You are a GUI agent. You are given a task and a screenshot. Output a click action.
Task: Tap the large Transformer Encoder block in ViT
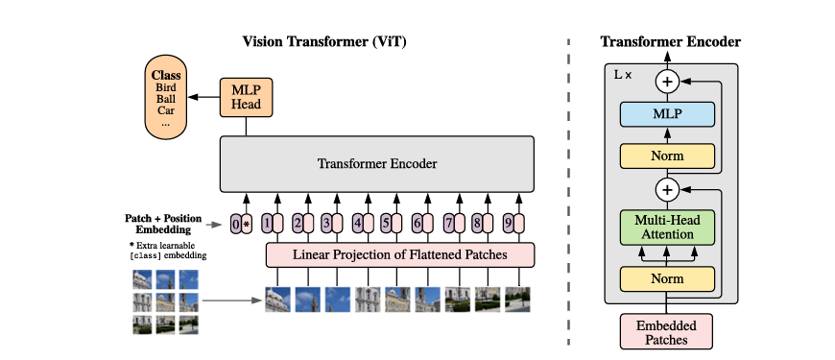377,163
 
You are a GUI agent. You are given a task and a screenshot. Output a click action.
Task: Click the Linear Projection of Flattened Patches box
399,253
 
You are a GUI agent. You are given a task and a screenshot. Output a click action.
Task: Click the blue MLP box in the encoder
667,114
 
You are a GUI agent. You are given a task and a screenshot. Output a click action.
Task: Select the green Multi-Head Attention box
667,227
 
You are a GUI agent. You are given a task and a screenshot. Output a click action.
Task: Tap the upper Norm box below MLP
667,155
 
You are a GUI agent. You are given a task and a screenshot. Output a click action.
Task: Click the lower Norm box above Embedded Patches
667,278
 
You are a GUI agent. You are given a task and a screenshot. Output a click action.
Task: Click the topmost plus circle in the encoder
667,82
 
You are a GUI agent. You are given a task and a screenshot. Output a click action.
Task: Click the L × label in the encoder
623,74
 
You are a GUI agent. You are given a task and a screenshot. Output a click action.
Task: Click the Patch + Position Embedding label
164,224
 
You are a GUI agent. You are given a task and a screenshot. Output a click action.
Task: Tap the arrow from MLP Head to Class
203,96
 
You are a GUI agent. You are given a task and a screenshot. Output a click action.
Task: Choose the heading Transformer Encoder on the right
670,41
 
